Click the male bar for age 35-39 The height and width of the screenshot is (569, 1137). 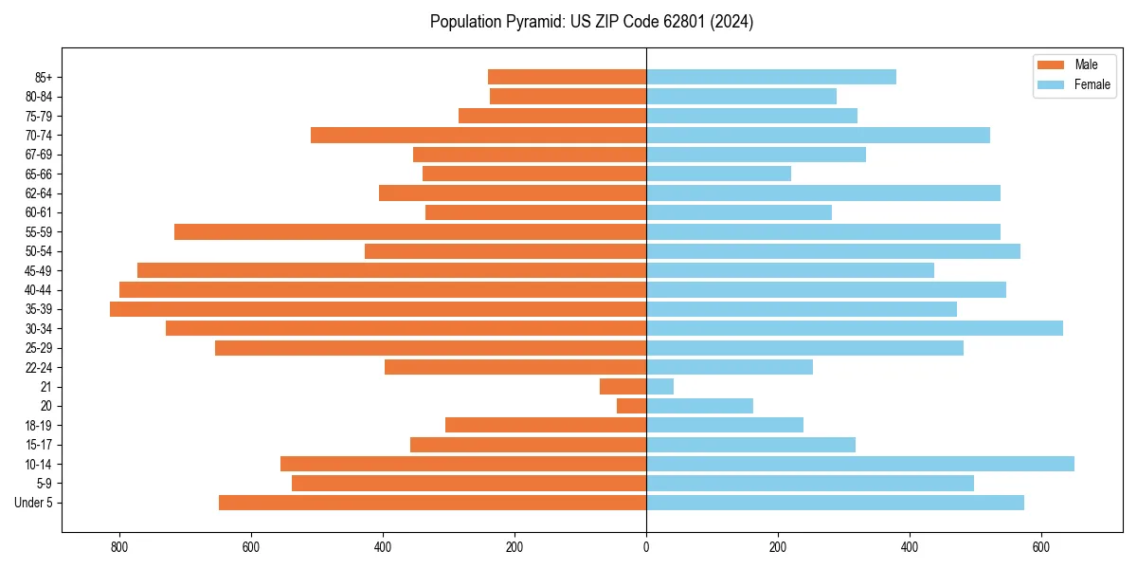click(378, 309)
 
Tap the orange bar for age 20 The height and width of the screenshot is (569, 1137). click(631, 406)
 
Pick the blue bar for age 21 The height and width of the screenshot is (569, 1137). click(660, 387)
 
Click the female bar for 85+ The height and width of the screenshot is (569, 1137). click(771, 77)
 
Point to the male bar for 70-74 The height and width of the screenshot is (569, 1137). click(478, 135)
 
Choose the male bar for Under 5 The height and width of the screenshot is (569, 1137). click(432, 503)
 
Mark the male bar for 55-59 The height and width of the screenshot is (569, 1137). click(410, 231)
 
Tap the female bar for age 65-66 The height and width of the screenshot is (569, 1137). click(718, 174)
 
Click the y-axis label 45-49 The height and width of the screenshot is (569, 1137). click(39, 270)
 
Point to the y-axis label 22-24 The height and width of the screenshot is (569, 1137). click(39, 367)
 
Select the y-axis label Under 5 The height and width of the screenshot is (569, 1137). click(34, 503)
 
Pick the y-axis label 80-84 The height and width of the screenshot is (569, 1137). click(39, 96)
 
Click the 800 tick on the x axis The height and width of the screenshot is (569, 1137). click(119, 547)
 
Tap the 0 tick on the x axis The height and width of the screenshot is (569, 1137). click(646, 547)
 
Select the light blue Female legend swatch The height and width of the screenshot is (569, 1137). click(1052, 84)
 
